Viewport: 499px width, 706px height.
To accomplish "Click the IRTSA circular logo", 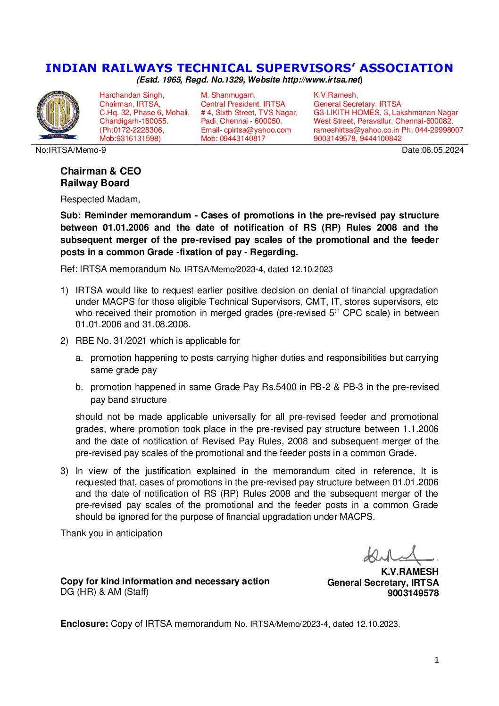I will (x=58, y=115).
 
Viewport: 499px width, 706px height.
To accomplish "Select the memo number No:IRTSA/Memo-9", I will (x=71, y=150).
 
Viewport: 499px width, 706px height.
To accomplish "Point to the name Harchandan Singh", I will (x=131, y=95).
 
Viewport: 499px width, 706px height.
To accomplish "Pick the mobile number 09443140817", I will (x=242, y=139).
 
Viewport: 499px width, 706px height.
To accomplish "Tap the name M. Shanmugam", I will (x=228, y=95).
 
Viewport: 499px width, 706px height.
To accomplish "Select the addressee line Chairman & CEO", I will (x=100, y=171).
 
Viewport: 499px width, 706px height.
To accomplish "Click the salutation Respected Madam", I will (x=100, y=199).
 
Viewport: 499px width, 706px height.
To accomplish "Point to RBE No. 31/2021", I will (x=111, y=341).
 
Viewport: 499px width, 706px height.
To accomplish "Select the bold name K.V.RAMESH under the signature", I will (x=409, y=572).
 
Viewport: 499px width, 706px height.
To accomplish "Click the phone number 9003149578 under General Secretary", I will (x=413, y=593).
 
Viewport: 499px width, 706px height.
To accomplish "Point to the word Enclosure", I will (x=84, y=624).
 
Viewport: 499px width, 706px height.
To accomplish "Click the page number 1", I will (x=436, y=660).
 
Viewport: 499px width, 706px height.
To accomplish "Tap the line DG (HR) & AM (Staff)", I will (x=104, y=592).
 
